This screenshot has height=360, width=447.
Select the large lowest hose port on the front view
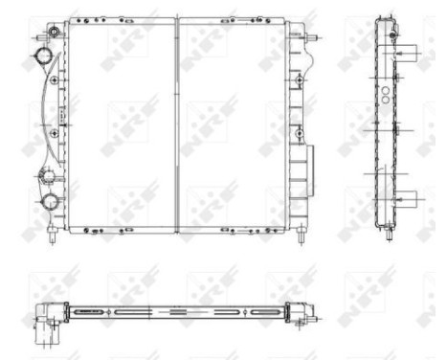point(47,201)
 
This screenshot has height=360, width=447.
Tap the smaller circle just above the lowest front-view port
point(46,175)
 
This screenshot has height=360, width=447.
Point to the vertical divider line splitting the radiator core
point(177,124)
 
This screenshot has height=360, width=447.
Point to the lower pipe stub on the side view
point(403,199)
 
